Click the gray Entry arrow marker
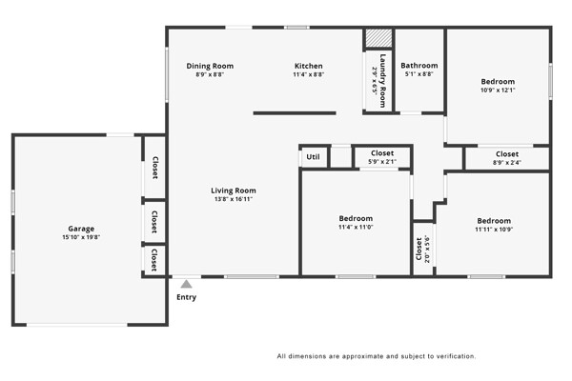pos(187,284)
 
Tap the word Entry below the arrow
pos(187,297)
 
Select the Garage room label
pos(81,229)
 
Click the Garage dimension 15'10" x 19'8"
pos(81,237)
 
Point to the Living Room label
pos(234,190)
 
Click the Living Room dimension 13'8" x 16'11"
pos(234,199)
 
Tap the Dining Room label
pos(210,66)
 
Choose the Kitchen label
pos(309,66)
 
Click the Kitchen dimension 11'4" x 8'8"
pos(309,74)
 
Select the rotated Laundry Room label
pos(382,81)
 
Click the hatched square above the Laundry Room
pos(379,38)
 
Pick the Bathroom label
pos(419,66)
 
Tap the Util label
pos(313,157)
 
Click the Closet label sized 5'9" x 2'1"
pos(382,153)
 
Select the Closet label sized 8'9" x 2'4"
pos(507,154)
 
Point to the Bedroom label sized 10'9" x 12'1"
pos(498,82)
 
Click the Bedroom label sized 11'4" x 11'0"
pos(356,218)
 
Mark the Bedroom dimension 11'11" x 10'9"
pos(494,230)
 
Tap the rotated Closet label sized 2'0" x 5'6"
pos(419,249)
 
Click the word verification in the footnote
pos(460,356)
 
